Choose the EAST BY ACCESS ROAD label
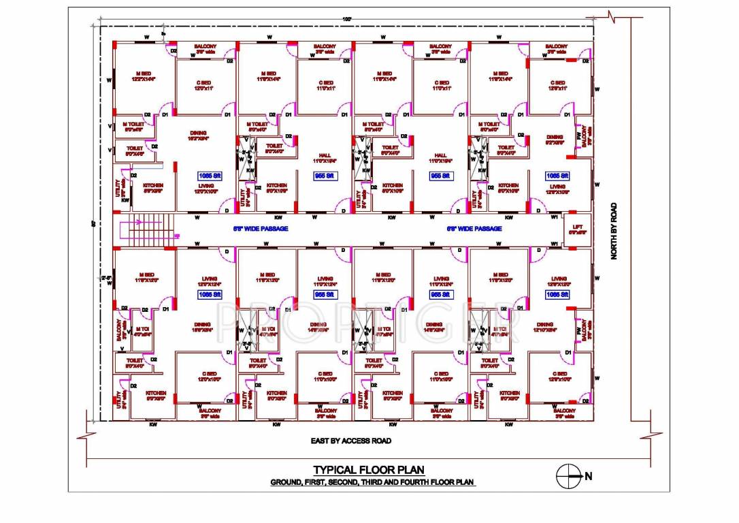pyautogui.click(x=350, y=441)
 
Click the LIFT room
pyautogui.click(x=578, y=229)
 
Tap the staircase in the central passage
pyautogui.click(x=147, y=229)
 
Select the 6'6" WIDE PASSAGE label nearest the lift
pyautogui.click(x=474, y=229)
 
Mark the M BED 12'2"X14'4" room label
pyautogui.click(x=144, y=77)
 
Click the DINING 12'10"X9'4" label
pyautogui.click(x=545, y=328)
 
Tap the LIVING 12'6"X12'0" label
pyautogui.click(x=559, y=282)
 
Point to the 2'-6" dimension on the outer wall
pyautogui.click(x=106, y=278)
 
